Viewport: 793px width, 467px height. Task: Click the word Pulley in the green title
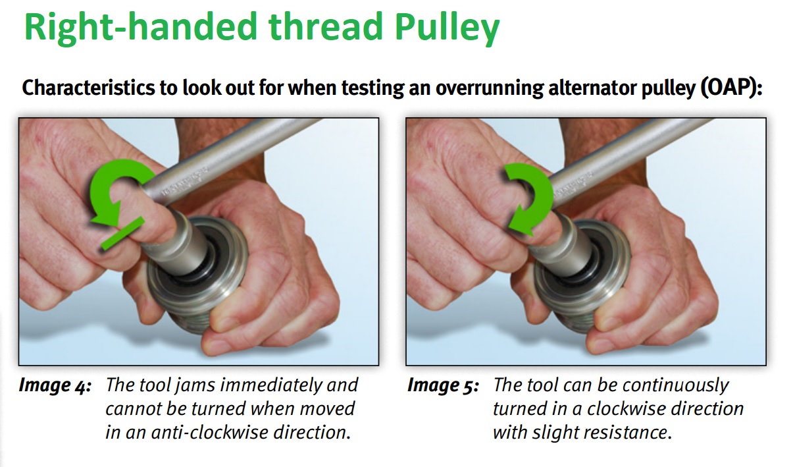point(447,29)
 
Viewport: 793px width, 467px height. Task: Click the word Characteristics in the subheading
point(88,88)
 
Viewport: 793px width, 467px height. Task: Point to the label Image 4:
point(55,385)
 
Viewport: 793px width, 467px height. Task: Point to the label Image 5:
point(443,385)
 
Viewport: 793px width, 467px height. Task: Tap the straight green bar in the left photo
point(123,234)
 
